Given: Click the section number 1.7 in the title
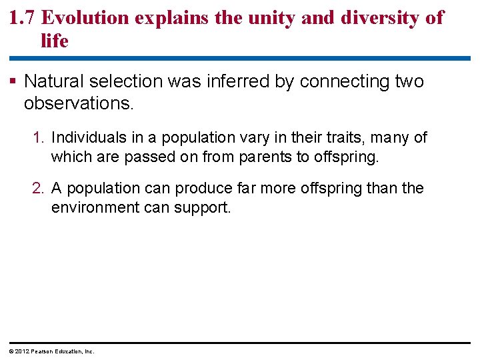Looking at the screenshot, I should click(x=23, y=17).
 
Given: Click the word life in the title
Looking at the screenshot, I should click(x=54, y=41).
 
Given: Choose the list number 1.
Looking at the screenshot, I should click(x=39, y=138).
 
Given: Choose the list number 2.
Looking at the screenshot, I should click(x=39, y=189).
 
